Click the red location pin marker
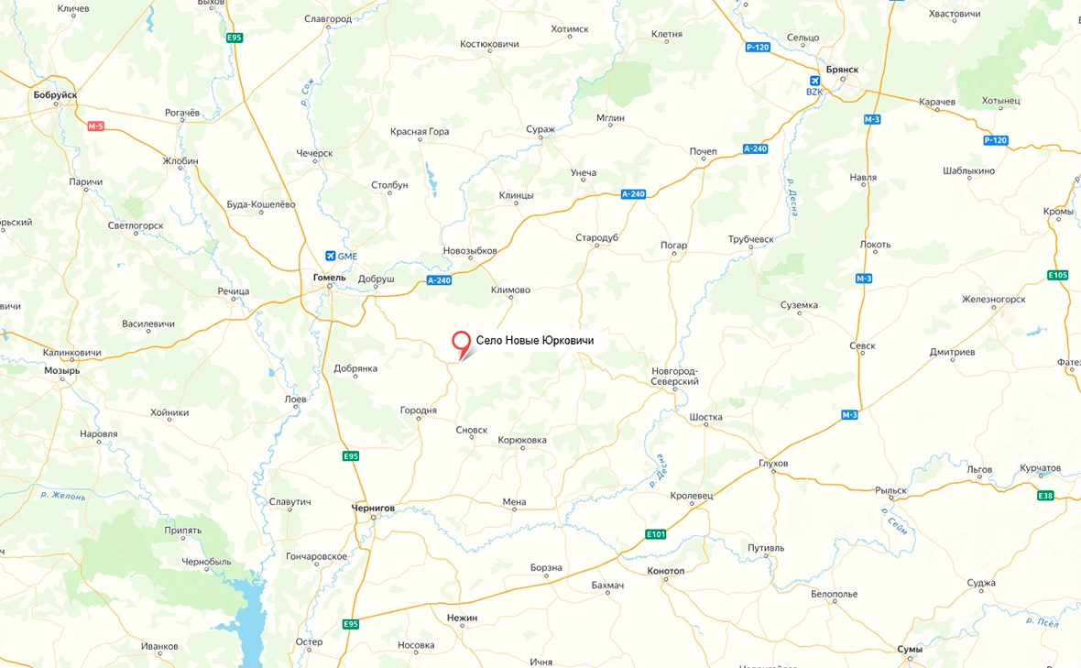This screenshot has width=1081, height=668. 463,343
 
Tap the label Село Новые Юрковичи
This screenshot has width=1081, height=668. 535,341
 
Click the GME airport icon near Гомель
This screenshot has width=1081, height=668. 330,256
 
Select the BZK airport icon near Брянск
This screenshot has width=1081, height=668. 814,80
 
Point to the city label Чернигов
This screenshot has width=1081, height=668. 373,507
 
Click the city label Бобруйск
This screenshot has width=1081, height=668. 55,94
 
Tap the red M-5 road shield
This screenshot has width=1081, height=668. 96,126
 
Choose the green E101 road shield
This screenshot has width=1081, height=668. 655,534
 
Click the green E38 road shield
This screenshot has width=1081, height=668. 1045,496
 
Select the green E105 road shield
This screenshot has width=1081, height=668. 1057,275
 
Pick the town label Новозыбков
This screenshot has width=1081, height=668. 469,251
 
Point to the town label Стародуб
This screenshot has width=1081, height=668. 597,237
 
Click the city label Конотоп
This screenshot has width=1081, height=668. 665,571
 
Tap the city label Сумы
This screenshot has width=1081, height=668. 910,649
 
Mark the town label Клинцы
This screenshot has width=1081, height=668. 516,195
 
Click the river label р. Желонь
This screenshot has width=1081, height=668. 63,496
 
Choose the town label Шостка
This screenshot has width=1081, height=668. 705,417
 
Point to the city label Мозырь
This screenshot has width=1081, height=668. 62,371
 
